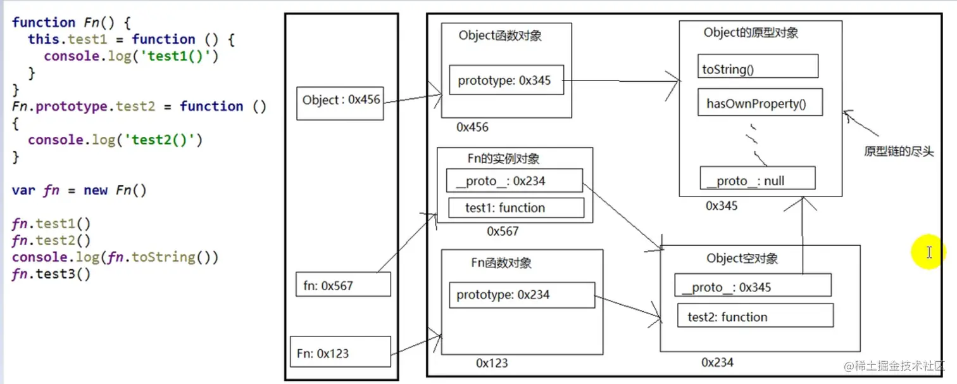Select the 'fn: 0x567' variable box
click(x=342, y=285)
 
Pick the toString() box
click(x=758, y=67)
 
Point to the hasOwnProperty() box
click(x=760, y=103)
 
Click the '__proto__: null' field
click(x=757, y=180)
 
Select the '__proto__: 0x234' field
click(x=513, y=181)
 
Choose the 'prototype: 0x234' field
click(x=522, y=295)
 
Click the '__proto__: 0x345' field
click(x=752, y=286)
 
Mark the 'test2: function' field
click(x=754, y=316)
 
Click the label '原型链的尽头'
click(x=898, y=152)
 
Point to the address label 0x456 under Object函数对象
click(x=473, y=127)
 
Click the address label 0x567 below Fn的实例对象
click(x=503, y=231)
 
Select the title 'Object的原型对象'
click(x=751, y=34)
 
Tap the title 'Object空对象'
click(x=742, y=259)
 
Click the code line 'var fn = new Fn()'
click(x=79, y=190)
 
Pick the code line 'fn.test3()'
click(x=51, y=274)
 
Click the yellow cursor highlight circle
click(x=928, y=253)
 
